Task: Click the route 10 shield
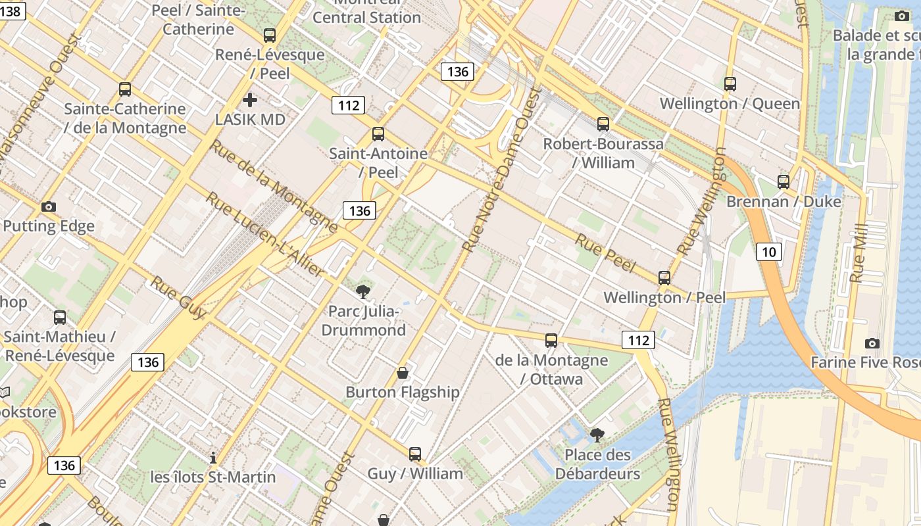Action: coord(768,251)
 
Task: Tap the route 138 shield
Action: coord(12,11)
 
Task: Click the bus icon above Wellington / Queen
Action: coord(730,84)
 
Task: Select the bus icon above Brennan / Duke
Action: coord(783,182)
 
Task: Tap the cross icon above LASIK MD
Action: coord(249,100)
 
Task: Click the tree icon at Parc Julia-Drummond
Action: coord(362,291)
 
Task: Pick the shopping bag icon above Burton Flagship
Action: coord(403,373)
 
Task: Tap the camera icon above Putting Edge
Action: coord(48,206)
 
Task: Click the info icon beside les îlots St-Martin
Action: coord(212,458)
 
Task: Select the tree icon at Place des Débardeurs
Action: coord(597,435)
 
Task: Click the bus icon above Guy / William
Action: coord(414,454)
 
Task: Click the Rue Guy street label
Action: coord(178,298)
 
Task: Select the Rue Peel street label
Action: coord(605,252)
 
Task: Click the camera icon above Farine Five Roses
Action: coord(872,343)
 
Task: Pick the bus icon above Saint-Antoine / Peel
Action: coord(378,134)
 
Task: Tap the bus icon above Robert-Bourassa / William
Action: coord(603,124)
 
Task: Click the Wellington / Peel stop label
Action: coord(664,297)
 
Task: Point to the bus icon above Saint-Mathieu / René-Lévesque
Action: coord(60,318)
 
